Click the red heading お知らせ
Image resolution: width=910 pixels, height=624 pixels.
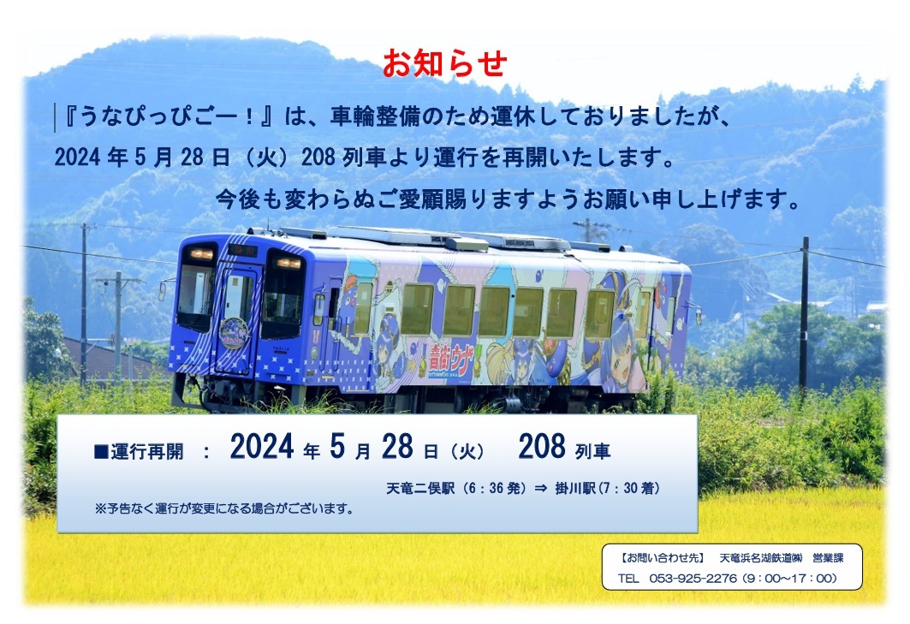point(444,63)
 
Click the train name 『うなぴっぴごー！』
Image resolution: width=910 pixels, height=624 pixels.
point(169,116)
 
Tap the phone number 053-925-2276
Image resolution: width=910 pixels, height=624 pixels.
point(693,578)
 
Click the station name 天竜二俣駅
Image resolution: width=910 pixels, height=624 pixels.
point(420,488)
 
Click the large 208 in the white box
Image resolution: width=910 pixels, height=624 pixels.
point(542,447)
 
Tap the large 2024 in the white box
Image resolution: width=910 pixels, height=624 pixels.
point(262,447)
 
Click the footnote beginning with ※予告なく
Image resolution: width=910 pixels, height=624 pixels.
point(224,508)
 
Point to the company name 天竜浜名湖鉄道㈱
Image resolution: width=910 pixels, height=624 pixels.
point(761,558)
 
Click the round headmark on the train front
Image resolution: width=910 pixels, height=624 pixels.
point(234,333)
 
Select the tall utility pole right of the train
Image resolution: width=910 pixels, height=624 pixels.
point(804,313)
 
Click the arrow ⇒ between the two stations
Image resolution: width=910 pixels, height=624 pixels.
point(540,488)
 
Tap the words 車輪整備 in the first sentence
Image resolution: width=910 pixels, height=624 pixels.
point(374,116)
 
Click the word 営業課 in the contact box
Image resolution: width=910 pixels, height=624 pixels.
point(828,558)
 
